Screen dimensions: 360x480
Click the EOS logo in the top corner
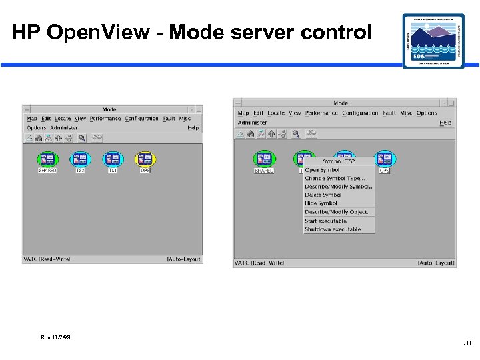click(x=433, y=40)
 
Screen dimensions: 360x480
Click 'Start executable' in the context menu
click(x=325, y=221)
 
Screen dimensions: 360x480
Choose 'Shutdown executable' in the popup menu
click(x=332, y=229)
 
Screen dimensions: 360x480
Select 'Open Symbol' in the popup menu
click(x=321, y=170)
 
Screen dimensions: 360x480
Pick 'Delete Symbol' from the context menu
click(x=323, y=195)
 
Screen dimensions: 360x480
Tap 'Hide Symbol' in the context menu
click(x=321, y=203)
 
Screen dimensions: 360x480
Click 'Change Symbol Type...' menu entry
click(x=335, y=179)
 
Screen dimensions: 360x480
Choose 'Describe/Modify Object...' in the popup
click(x=338, y=212)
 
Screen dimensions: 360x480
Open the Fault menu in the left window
click(x=169, y=119)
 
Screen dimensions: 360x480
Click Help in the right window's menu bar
click(x=445, y=123)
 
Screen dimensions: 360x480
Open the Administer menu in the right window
click(x=252, y=123)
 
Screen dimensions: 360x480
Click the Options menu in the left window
click(x=36, y=128)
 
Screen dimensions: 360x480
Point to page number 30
click(x=467, y=343)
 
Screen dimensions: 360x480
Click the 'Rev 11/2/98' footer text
click(x=55, y=337)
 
